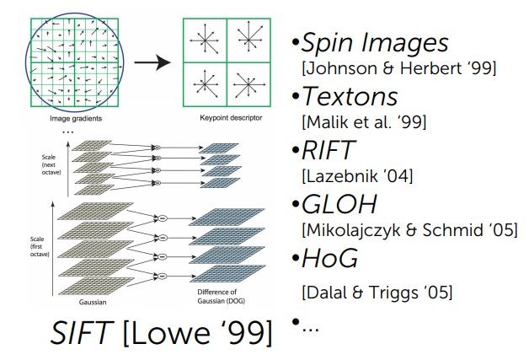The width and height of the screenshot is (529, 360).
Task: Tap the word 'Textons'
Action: coord(350,96)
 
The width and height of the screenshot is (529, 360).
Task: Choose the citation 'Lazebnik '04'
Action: coord(345,176)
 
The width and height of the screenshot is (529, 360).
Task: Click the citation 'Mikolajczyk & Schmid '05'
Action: coord(391,230)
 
